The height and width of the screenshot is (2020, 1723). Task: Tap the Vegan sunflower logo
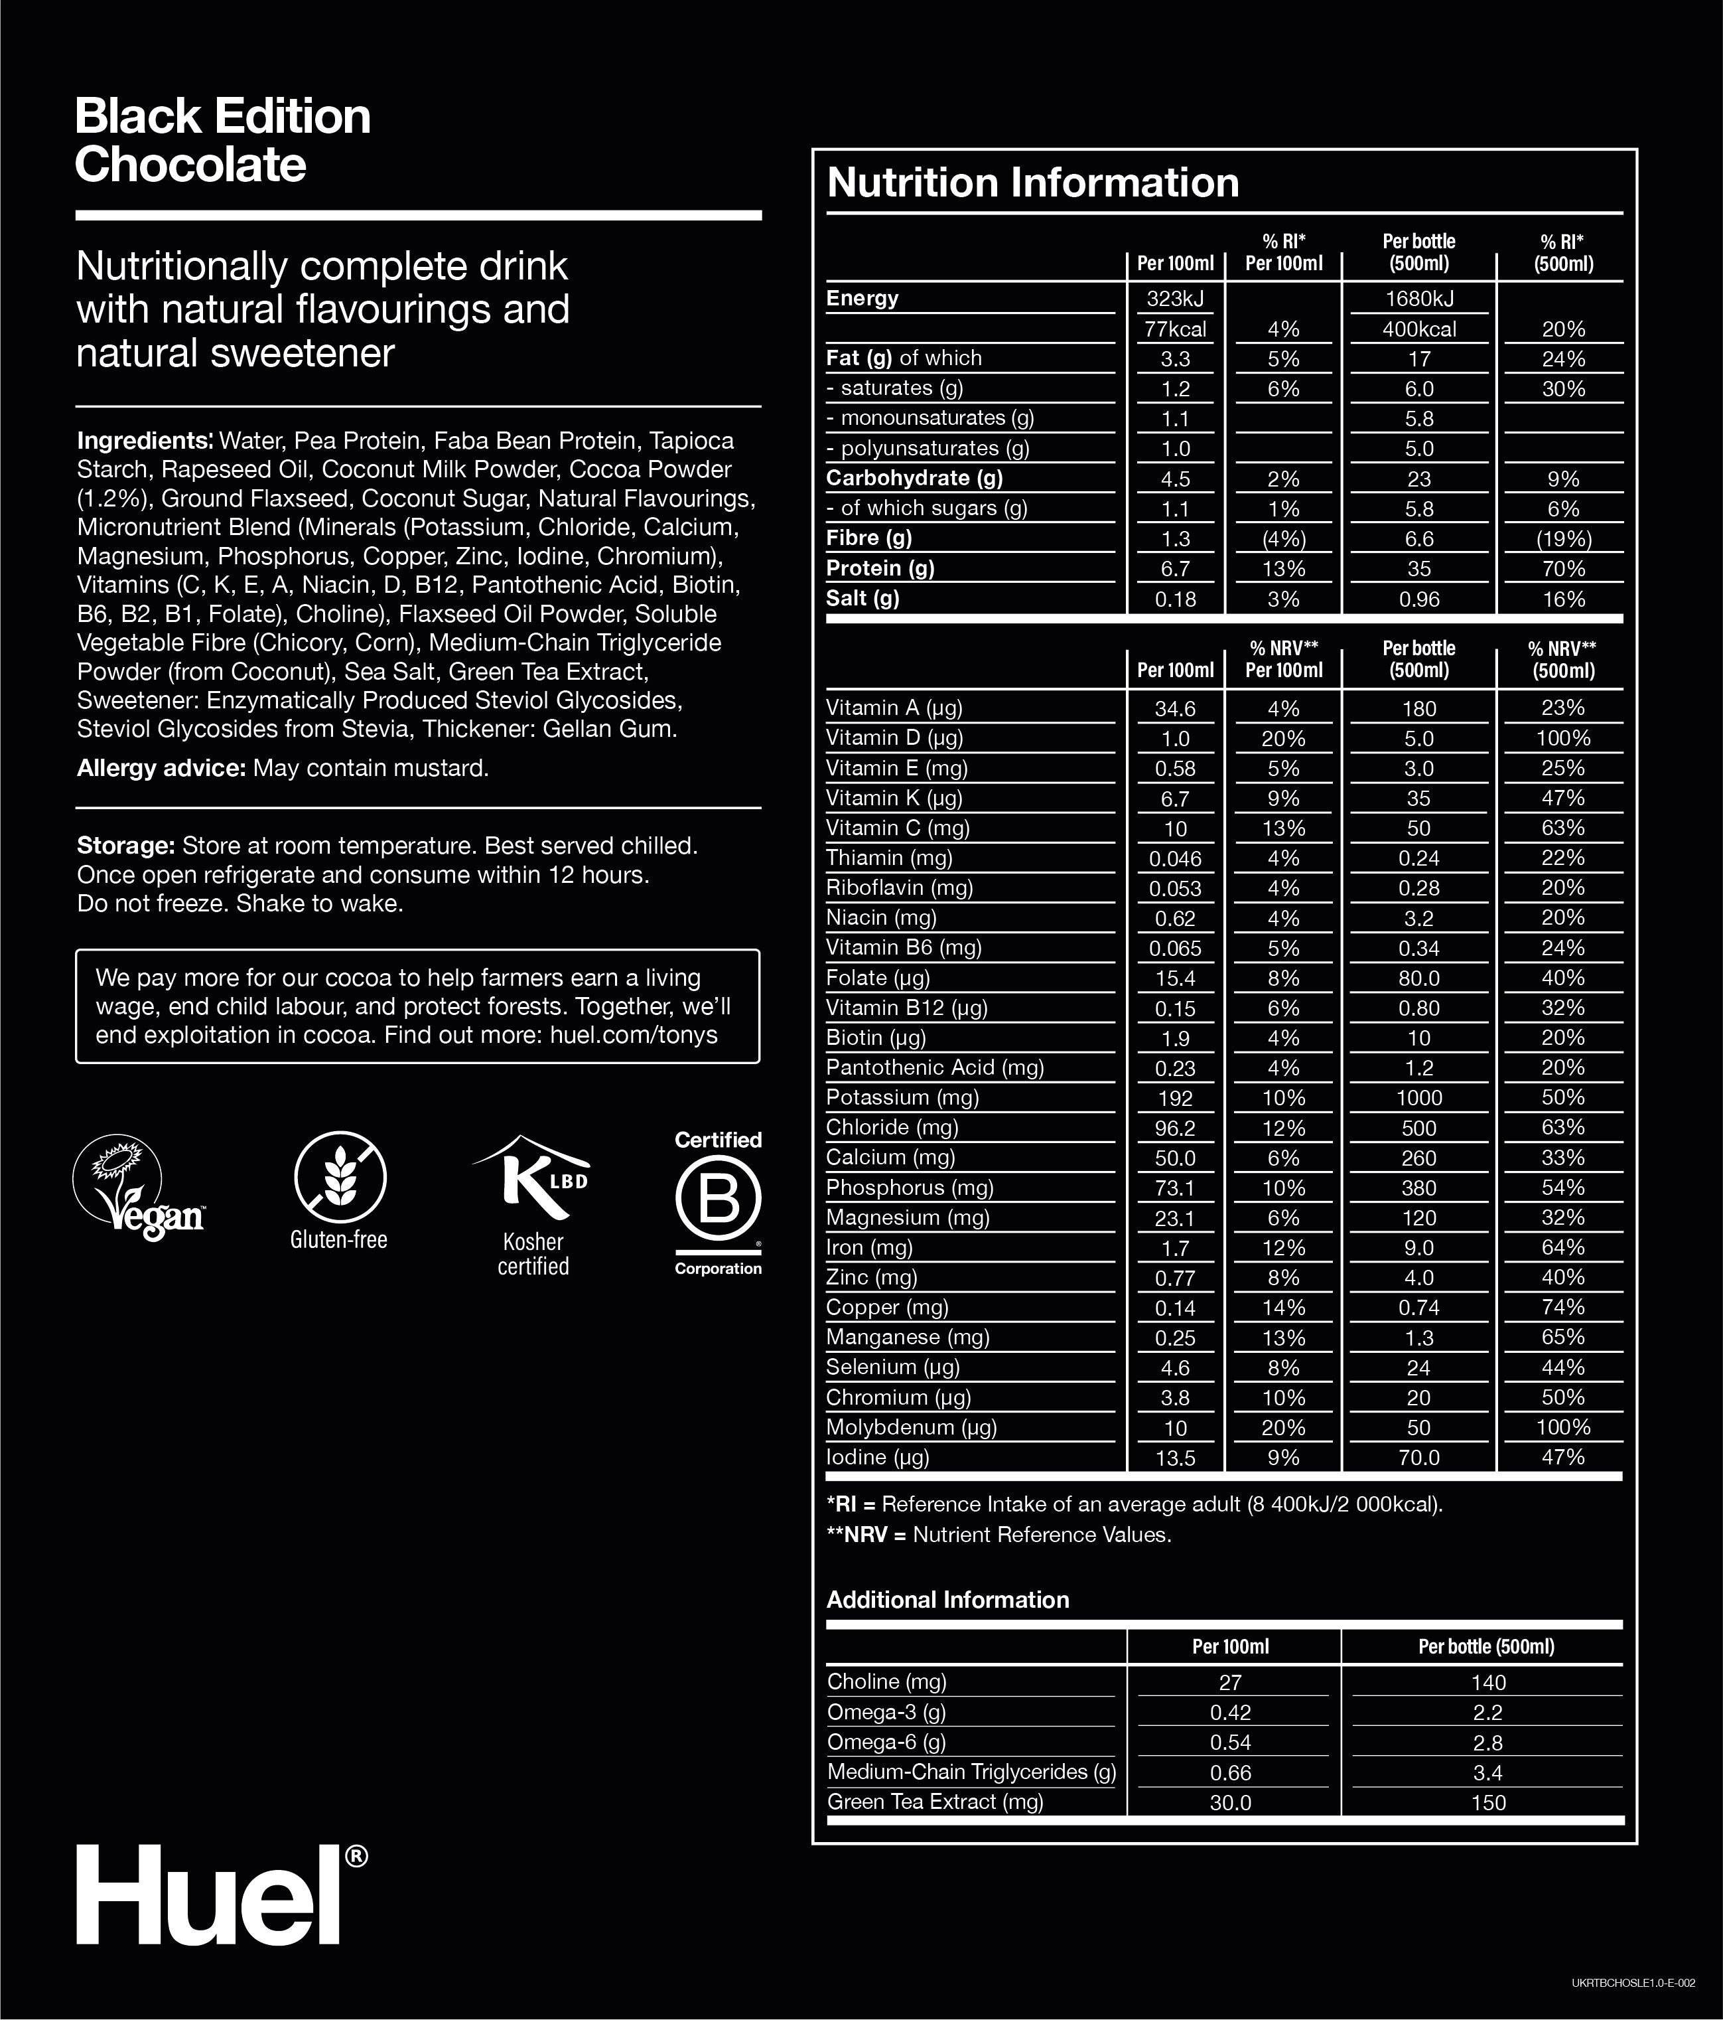pyautogui.click(x=139, y=1188)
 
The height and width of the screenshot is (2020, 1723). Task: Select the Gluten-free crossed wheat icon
pyautogui.click(x=340, y=1178)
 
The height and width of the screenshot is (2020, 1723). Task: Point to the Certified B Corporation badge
pyautogui.click(x=719, y=1202)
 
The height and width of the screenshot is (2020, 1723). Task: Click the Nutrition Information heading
pyautogui.click(x=1032, y=183)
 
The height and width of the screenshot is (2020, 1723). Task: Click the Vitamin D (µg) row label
pyautogui.click(x=894, y=738)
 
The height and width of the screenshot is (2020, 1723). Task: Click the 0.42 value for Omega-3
pyautogui.click(x=1230, y=1713)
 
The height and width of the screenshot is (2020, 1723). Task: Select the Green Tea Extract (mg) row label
pyautogui.click(x=935, y=1802)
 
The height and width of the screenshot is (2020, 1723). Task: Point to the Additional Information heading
pyautogui.click(x=947, y=1600)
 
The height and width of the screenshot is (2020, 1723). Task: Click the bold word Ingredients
pyautogui.click(x=144, y=441)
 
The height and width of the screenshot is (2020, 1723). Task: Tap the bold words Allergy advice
pyautogui.click(x=161, y=768)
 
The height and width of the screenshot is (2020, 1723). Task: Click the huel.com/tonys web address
pyautogui.click(x=634, y=1036)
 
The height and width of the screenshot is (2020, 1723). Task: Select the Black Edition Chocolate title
pyautogui.click(x=222, y=140)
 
